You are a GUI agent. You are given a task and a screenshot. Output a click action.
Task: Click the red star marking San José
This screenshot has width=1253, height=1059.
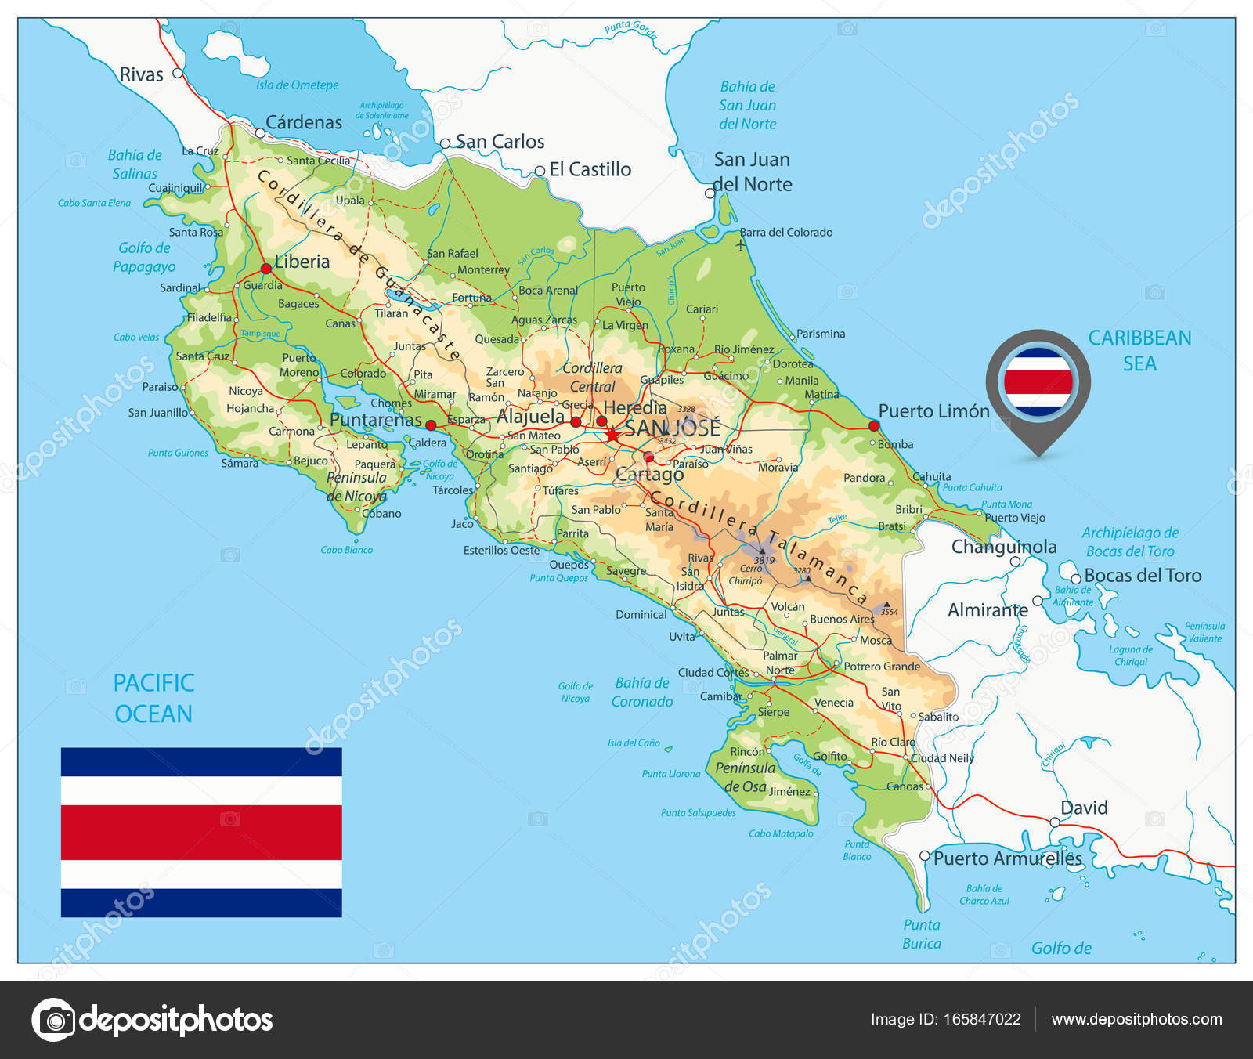pyautogui.click(x=612, y=433)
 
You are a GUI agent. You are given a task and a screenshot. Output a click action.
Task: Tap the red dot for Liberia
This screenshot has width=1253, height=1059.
pyautogui.click(x=266, y=269)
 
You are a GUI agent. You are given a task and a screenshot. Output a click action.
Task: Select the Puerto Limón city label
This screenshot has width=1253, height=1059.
pyautogui.click(x=933, y=411)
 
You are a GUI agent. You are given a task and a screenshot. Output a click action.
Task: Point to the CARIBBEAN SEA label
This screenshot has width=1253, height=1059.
pyautogui.click(x=1139, y=350)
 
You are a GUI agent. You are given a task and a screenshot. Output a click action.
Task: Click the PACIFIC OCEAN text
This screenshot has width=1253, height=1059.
pyautogui.click(x=153, y=698)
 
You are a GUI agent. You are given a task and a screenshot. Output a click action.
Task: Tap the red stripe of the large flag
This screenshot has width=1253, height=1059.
pyautogui.click(x=201, y=832)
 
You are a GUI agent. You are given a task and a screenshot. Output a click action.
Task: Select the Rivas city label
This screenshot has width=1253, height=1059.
pyautogui.click(x=142, y=75)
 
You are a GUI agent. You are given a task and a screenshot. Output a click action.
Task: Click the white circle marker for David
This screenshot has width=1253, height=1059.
pyautogui.click(x=1055, y=822)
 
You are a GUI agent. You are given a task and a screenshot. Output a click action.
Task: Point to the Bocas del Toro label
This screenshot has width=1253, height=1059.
pyautogui.click(x=1143, y=576)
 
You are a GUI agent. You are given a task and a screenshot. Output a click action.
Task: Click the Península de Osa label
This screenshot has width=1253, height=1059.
pyautogui.click(x=745, y=777)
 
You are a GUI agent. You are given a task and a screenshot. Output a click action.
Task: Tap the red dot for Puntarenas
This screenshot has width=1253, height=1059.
pyautogui.click(x=431, y=425)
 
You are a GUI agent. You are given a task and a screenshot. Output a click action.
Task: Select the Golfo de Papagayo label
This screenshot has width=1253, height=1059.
pyautogui.click(x=144, y=257)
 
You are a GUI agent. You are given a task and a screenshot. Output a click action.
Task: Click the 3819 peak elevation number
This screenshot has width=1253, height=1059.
pyautogui.click(x=764, y=560)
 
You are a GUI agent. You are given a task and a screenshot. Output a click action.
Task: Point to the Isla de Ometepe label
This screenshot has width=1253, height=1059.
pyautogui.click(x=298, y=85)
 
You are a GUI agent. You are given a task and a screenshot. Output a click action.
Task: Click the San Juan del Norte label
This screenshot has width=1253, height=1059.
pyautogui.click(x=753, y=172)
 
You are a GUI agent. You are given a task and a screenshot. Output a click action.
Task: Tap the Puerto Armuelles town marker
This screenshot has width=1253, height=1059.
pyautogui.click(x=925, y=856)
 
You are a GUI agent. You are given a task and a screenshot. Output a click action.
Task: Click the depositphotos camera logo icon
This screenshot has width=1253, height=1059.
pyautogui.click(x=53, y=1020)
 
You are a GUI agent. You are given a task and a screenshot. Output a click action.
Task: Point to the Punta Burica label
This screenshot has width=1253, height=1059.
pyautogui.click(x=922, y=934)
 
